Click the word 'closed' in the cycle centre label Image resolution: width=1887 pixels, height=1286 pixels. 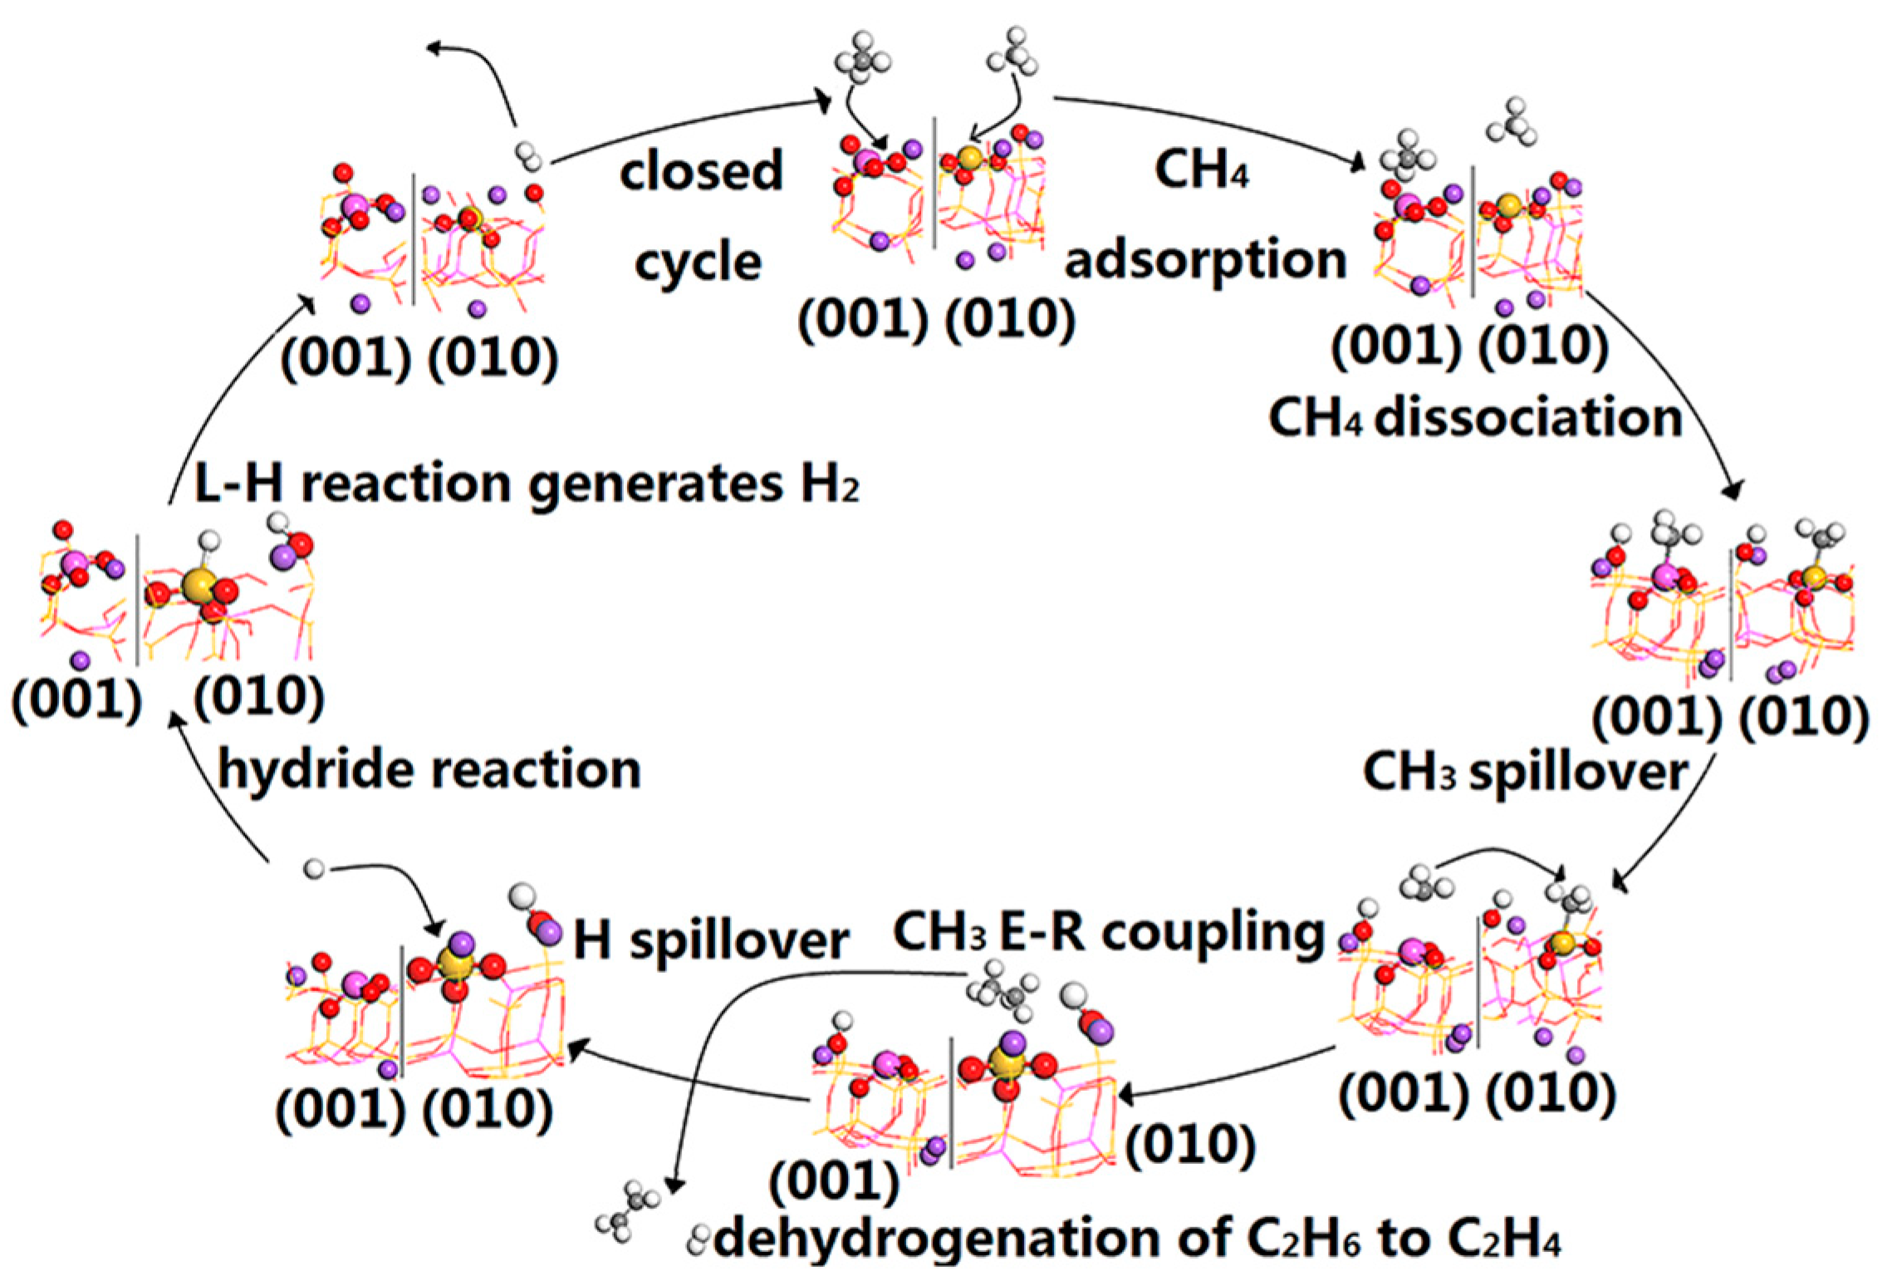(x=702, y=171)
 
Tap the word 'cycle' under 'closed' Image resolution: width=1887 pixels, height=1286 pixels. (x=698, y=263)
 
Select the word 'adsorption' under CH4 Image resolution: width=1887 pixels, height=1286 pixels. (x=1205, y=261)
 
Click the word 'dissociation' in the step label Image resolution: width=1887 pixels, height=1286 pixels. (x=1528, y=417)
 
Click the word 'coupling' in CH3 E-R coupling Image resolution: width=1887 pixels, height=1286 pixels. (x=1213, y=932)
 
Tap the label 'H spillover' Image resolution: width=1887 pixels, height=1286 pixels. (x=711, y=941)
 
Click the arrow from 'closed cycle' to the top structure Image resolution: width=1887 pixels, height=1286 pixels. (x=689, y=125)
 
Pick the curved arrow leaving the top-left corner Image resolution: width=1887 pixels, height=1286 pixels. (x=482, y=75)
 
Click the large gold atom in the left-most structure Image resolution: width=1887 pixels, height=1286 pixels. (x=198, y=584)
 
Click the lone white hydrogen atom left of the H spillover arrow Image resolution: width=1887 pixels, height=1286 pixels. (x=314, y=869)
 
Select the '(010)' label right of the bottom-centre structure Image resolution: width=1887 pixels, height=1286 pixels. (x=1190, y=1145)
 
